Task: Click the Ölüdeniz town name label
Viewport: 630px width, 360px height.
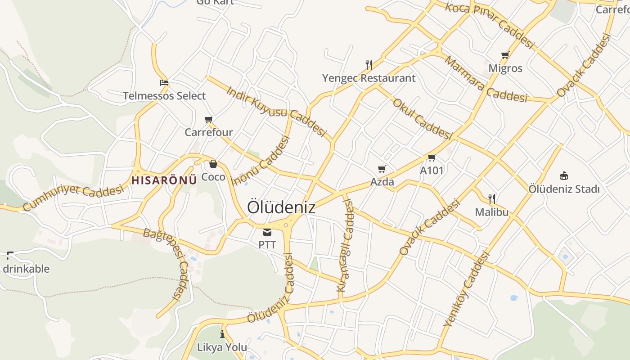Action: click(281, 207)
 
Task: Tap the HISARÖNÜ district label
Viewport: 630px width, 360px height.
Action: click(164, 180)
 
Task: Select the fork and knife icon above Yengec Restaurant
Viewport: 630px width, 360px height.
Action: click(369, 65)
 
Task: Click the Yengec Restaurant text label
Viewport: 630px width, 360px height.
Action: click(369, 78)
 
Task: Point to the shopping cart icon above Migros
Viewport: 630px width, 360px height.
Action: click(505, 55)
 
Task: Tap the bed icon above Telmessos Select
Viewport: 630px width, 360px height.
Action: click(164, 83)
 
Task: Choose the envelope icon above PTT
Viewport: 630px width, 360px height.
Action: click(267, 232)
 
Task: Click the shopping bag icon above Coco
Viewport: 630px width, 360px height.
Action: click(213, 164)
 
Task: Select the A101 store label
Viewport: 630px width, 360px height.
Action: click(432, 171)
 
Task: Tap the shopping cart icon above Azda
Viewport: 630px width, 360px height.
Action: click(382, 169)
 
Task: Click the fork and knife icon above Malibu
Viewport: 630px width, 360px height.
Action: click(492, 198)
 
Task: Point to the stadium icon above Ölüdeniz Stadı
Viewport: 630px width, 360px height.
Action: click(563, 175)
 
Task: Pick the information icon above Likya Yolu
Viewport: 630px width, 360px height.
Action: click(222, 334)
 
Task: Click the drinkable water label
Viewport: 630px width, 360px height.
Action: click(26, 269)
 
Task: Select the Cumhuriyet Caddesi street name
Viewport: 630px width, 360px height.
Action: click(73, 197)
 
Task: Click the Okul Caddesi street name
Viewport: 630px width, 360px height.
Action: click(422, 119)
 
